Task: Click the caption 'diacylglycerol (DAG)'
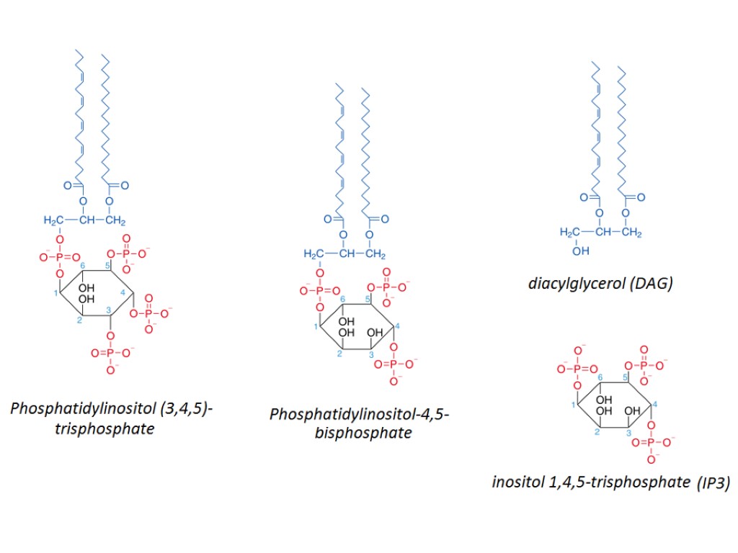click(x=600, y=283)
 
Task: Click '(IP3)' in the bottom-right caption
click(x=713, y=482)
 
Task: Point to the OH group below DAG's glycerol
click(x=580, y=251)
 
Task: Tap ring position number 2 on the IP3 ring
click(x=597, y=432)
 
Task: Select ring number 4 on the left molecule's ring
click(x=123, y=292)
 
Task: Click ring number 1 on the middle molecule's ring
click(x=316, y=328)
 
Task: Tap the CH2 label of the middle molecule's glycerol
click(x=376, y=254)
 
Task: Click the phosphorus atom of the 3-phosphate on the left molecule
click(x=110, y=353)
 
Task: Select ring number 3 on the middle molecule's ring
click(x=370, y=355)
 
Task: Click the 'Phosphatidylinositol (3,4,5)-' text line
click(x=111, y=410)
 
